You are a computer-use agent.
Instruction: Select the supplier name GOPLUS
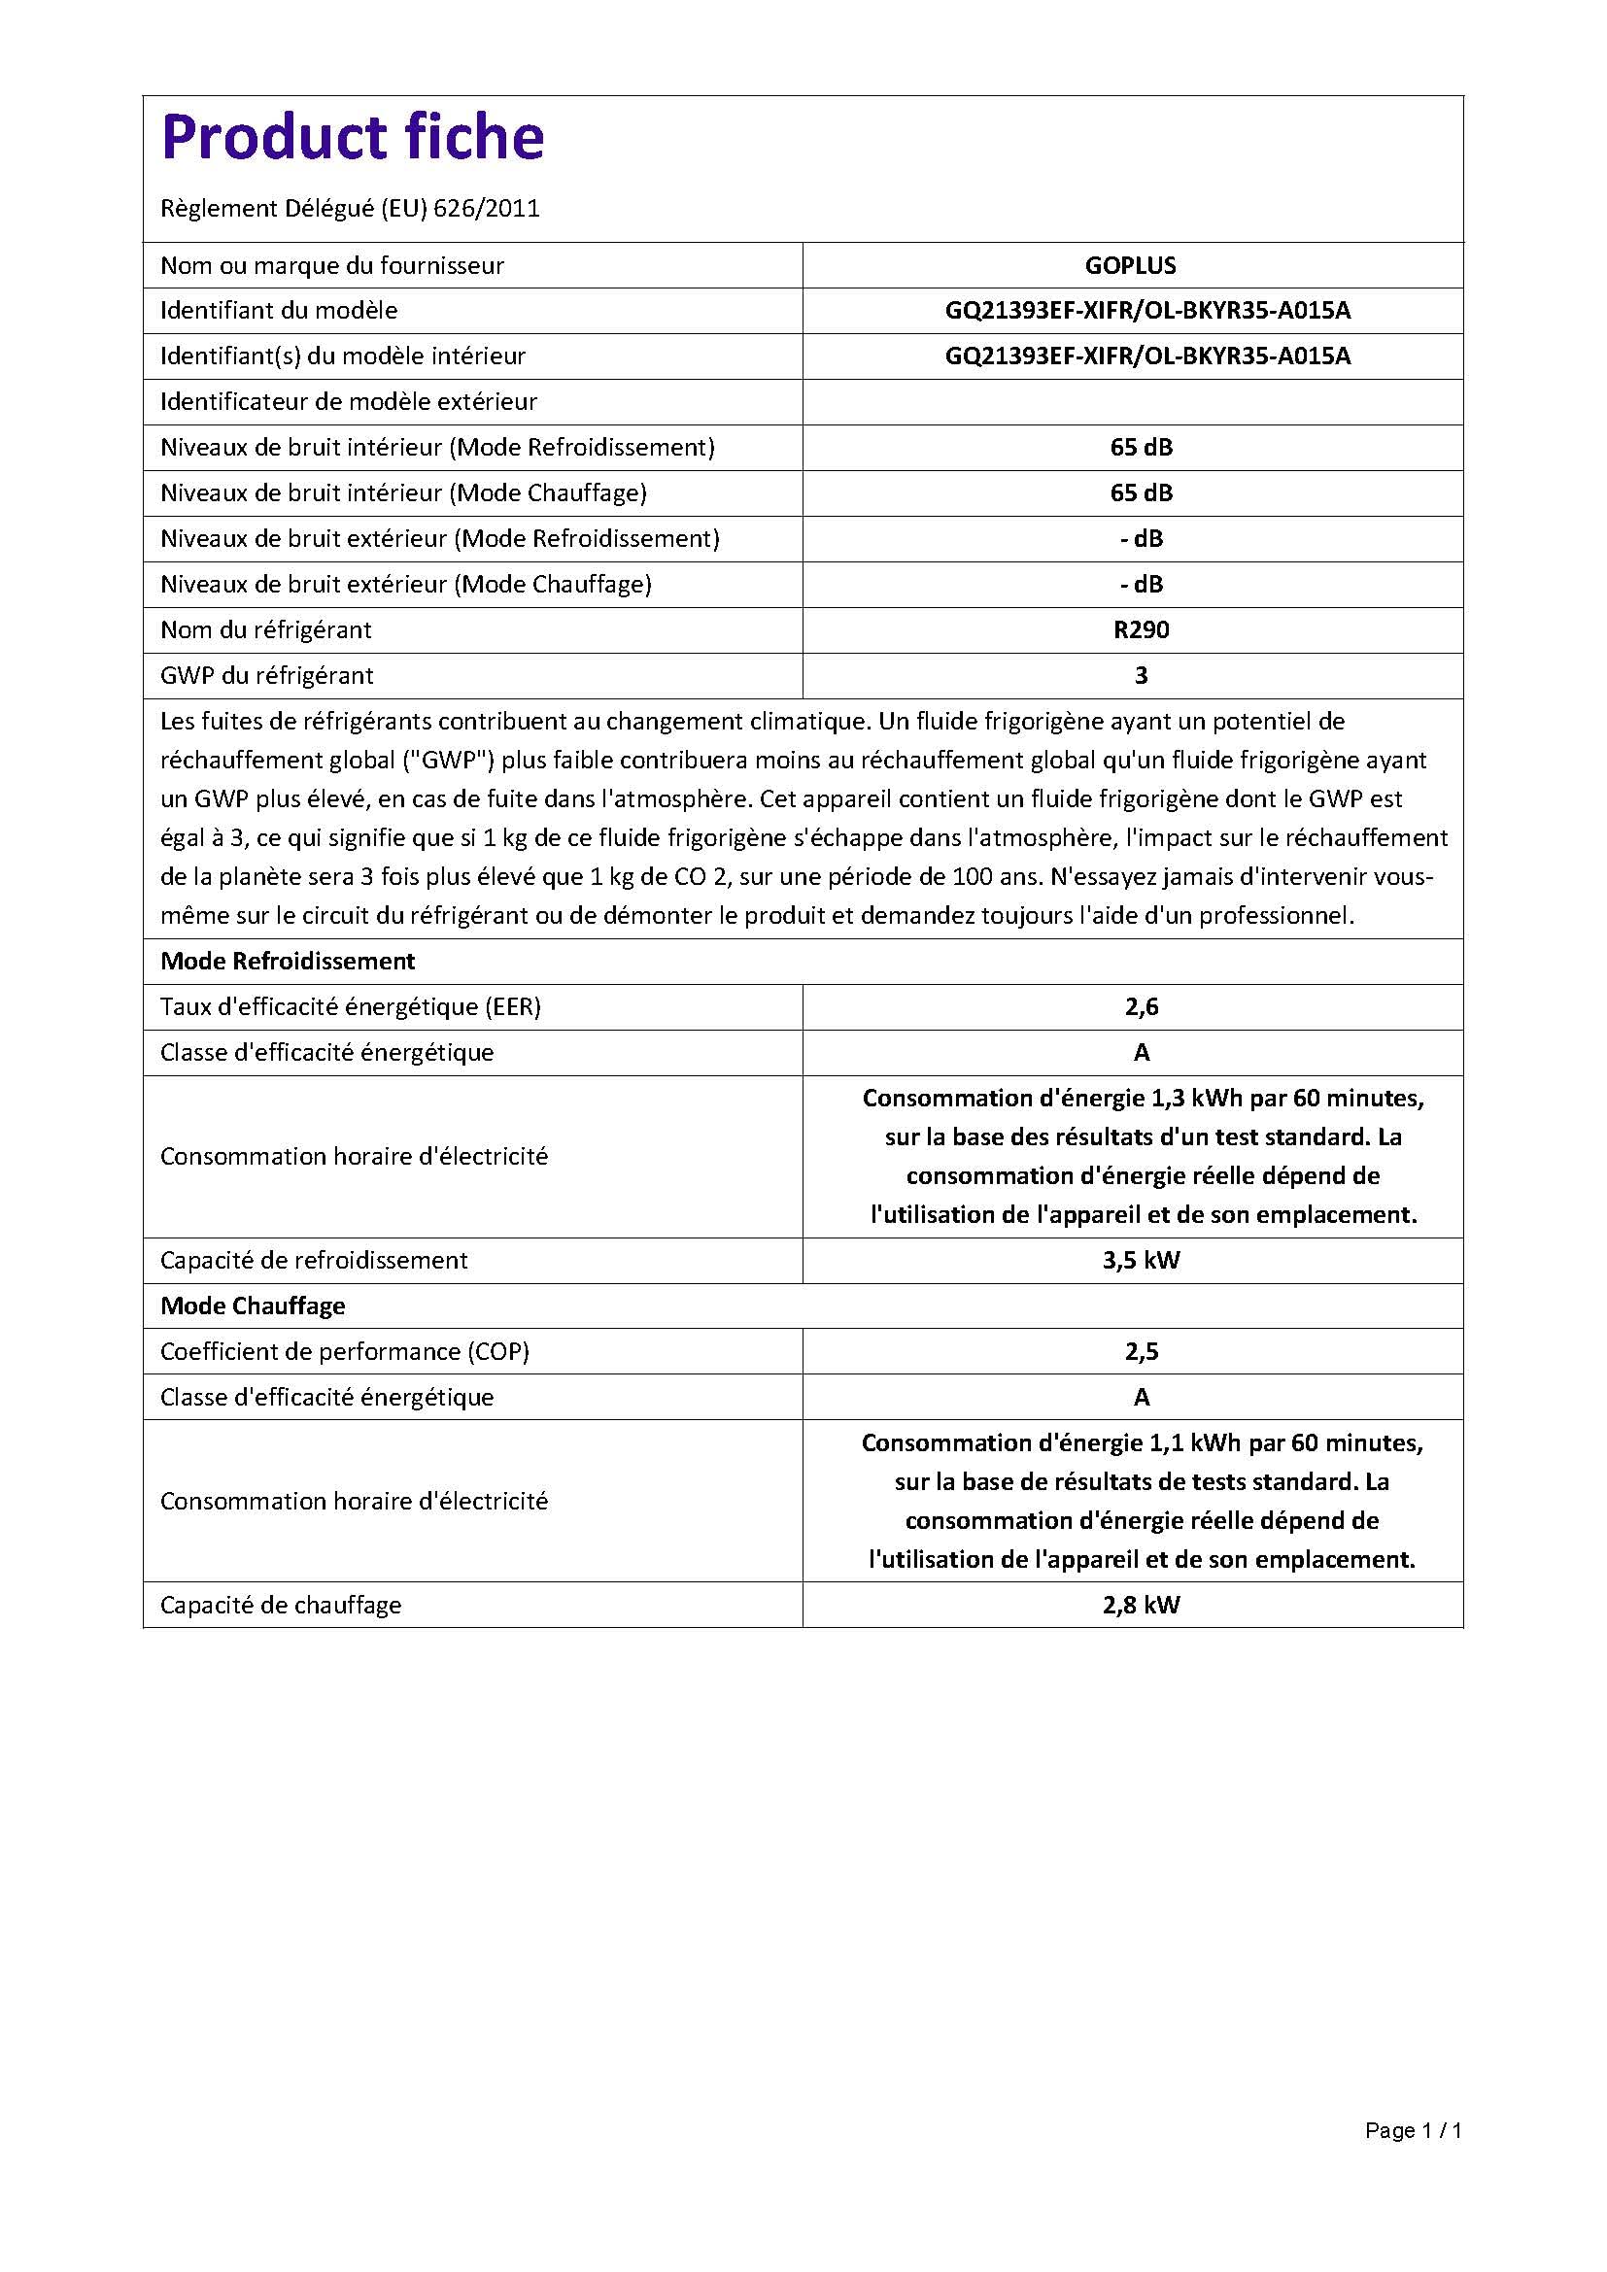(1130, 266)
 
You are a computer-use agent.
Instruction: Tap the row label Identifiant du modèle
(279, 311)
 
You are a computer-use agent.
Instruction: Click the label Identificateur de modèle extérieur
(349, 402)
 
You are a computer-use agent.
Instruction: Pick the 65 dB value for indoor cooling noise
(1141, 447)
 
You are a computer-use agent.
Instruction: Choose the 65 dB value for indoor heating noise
(1141, 492)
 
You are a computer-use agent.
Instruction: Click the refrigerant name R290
(1141, 630)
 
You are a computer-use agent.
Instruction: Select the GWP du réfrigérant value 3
(1141, 676)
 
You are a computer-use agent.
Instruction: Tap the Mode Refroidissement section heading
(287, 961)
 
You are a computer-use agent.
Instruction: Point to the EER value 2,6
(1141, 1007)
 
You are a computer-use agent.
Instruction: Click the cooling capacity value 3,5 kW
(1141, 1261)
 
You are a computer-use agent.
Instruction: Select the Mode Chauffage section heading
(253, 1306)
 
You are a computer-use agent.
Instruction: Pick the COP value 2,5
(1141, 1352)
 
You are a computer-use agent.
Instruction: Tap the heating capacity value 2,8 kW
(1141, 1605)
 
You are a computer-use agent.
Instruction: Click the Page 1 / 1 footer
(1412, 2130)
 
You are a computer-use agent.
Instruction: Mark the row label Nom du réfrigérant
(265, 630)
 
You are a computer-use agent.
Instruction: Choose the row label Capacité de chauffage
(280, 1605)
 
